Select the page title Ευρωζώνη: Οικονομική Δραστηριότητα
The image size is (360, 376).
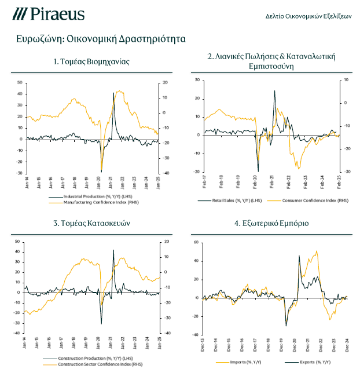click(x=101, y=39)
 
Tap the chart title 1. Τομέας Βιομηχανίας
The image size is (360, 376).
click(x=91, y=61)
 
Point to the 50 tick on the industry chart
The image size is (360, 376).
click(x=20, y=82)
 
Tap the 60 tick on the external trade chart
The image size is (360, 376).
click(x=196, y=242)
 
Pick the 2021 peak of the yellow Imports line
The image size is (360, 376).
click(x=316, y=251)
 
